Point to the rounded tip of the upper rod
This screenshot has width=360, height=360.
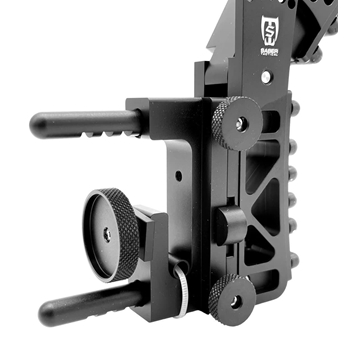tap(38, 124)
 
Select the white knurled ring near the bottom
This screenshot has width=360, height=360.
tap(183, 287)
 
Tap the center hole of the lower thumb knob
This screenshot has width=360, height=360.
tap(235, 299)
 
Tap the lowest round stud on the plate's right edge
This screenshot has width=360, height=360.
tap(294, 262)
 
